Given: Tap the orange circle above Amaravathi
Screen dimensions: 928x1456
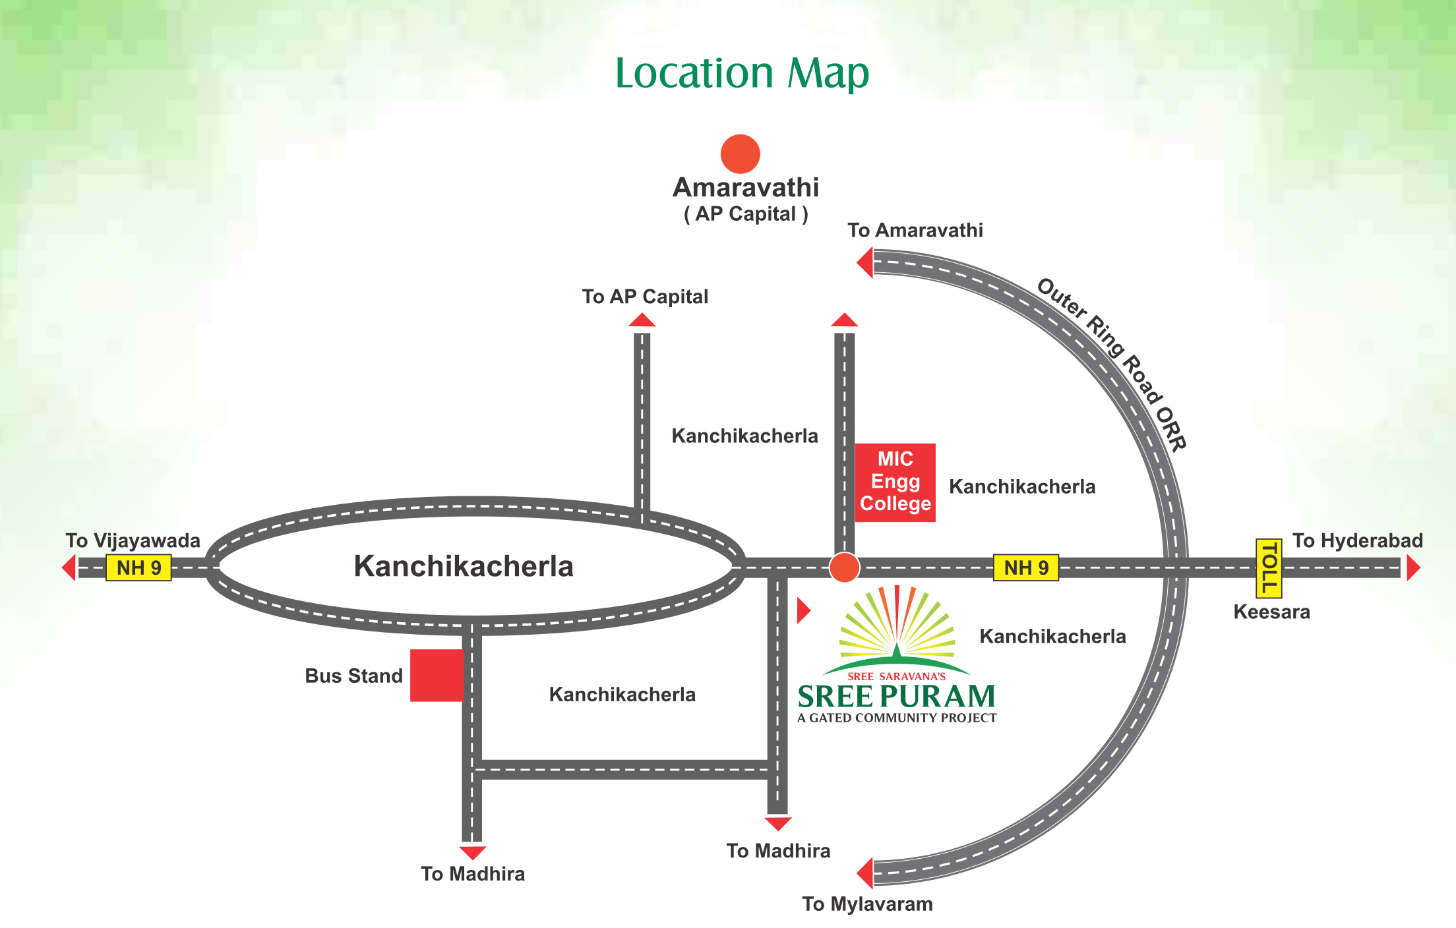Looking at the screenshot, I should pyautogui.click(x=740, y=154).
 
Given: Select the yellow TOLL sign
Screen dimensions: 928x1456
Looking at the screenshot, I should pyautogui.click(x=1269, y=567).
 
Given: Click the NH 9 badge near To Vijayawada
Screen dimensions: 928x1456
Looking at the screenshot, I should pyautogui.click(x=138, y=567).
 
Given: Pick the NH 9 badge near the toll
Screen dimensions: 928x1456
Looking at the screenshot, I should pyautogui.click(x=1025, y=567).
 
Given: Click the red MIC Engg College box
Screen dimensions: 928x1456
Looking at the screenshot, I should pyautogui.click(x=895, y=482).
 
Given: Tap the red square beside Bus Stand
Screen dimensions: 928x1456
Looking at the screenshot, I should pyautogui.click(x=437, y=676).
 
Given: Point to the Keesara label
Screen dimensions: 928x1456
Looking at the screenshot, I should pyautogui.click(x=1271, y=612).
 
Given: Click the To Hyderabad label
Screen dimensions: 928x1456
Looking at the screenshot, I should pyautogui.click(x=1357, y=540).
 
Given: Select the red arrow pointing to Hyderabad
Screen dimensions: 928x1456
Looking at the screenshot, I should pyautogui.click(x=1412, y=568).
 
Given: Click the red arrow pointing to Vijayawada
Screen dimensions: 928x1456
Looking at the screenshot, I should pyautogui.click(x=69, y=567).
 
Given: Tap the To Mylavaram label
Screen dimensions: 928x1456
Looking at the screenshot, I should pyautogui.click(x=867, y=904).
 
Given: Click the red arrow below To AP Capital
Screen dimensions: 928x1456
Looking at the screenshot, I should pyautogui.click(x=642, y=320).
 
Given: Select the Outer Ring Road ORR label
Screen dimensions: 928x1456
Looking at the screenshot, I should pyautogui.click(x=1112, y=364).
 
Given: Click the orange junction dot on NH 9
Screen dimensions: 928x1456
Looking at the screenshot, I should pyautogui.click(x=844, y=567).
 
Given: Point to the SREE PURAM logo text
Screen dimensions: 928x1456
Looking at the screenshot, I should pyautogui.click(x=896, y=697).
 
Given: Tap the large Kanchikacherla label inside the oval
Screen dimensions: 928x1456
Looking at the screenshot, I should pyautogui.click(x=464, y=566).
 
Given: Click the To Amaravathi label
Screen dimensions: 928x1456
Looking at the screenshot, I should pyautogui.click(x=915, y=230).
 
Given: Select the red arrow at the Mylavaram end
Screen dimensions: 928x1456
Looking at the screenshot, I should pyautogui.click(x=864, y=873).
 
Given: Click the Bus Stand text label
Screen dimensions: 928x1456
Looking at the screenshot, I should pyautogui.click(x=353, y=676).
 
